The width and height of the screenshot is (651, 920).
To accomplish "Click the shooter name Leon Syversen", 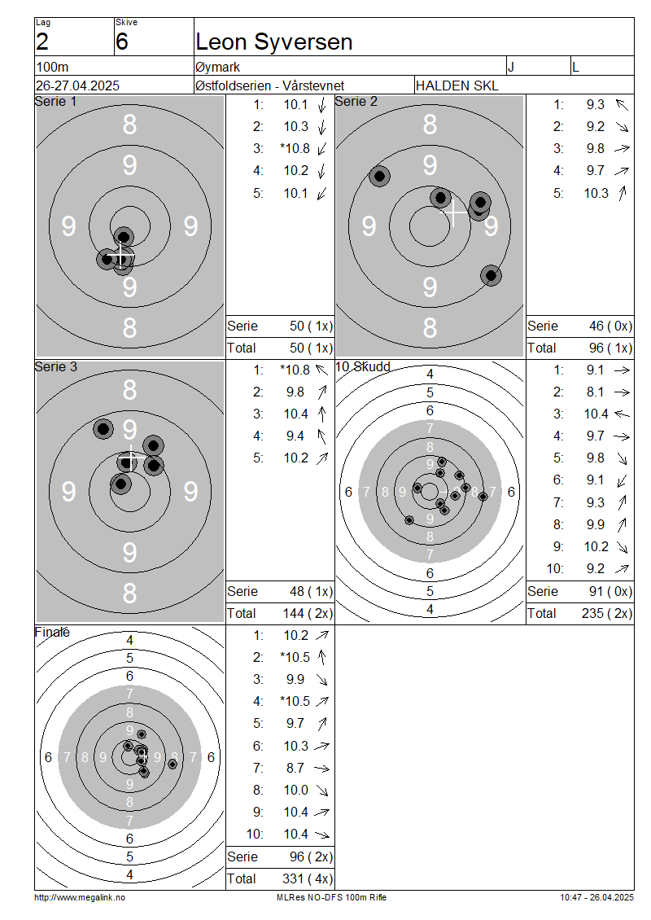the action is (x=274, y=42).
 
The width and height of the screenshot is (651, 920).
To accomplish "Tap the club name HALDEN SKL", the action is (x=457, y=85).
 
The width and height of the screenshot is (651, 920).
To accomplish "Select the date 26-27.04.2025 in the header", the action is (x=77, y=85).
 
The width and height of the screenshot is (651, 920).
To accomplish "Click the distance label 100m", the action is (x=52, y=67).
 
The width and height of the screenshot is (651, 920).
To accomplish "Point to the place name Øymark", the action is (x=217, y=67).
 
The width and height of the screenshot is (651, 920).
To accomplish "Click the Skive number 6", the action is (x=121, y=42).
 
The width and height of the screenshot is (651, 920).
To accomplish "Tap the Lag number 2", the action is (x=42, y=42).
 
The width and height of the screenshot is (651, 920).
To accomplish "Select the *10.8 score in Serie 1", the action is (x=295, y=148).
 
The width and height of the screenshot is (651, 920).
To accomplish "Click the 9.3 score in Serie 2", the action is (x=596, y=104).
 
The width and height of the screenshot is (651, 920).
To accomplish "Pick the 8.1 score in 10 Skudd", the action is (x=596, y=392).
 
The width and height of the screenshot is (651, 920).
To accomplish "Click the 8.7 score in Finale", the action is (x=295, y=768).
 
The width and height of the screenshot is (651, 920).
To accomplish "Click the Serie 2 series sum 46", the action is (x=596, y=326).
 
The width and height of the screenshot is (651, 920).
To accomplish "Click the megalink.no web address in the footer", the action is (x=80, y=898).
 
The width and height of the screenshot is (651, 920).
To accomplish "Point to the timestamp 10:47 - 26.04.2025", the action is (x=596, y=898).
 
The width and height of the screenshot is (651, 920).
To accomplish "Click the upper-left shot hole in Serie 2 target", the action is (x=379, y=176).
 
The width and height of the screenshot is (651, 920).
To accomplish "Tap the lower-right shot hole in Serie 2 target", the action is (x=491, y=275).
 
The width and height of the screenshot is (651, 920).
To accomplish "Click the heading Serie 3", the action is (x=55, y=366).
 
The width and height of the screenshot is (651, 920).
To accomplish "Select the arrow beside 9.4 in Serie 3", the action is (x=321, y=436).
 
